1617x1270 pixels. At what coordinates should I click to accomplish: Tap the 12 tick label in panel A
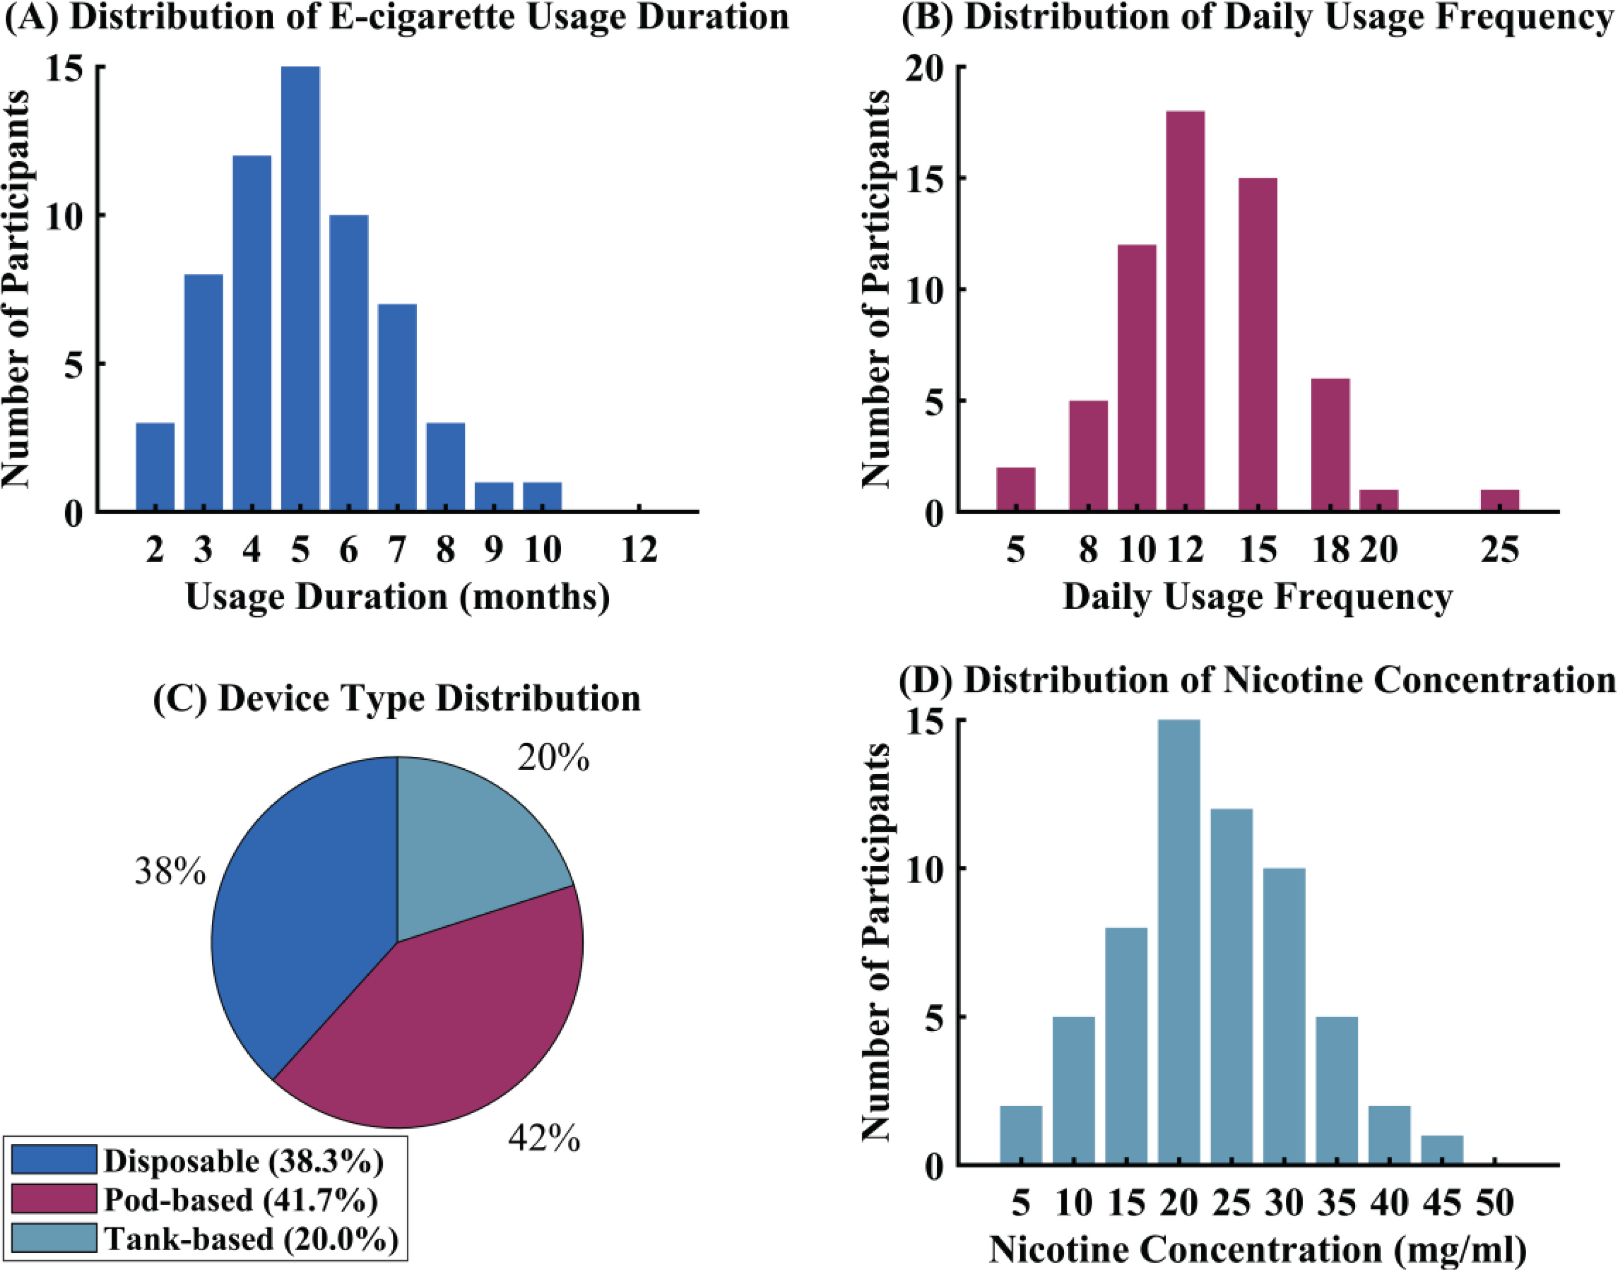click(638, 551)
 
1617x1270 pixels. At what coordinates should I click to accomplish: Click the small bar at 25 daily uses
click(1500, 500)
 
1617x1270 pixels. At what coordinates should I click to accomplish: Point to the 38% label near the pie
click(170, 870)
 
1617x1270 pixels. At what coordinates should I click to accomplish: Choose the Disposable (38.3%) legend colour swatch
click(54, 1159)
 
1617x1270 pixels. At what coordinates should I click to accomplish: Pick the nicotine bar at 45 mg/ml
click(1442, 1150)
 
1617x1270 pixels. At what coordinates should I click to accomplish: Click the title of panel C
click(396, 699)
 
